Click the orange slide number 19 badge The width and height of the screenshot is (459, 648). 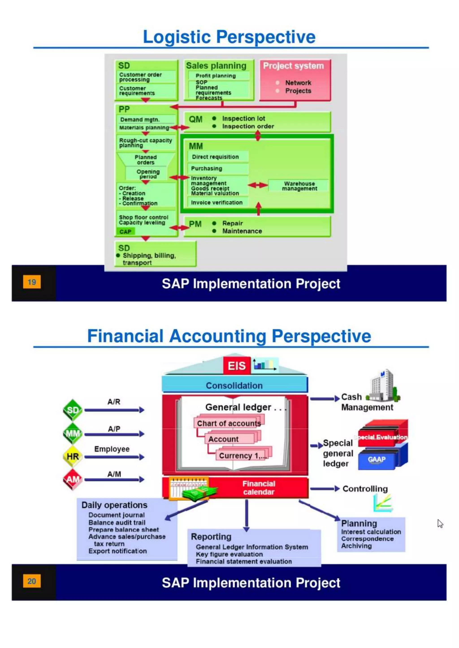[x=32, y=282]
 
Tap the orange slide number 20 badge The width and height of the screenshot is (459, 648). [x=32, y=581]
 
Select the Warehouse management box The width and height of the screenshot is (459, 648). [x=299, y=186]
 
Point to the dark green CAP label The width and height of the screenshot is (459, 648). [x=126, y=232]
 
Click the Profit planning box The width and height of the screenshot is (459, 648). [x=216, y=76]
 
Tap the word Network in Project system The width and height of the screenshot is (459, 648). [x=298, y=83]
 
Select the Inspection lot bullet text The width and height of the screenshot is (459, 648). [x=243, y=119]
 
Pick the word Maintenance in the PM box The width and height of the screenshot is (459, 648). [x=242, y=231]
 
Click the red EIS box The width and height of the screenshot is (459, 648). [x=237, y=366]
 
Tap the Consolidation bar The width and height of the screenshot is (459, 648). [x=234, y=386]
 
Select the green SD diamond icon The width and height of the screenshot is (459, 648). [x=73, y=410]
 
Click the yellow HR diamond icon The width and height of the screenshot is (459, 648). [x=73, y=456]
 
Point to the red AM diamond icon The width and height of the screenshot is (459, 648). [x=73, y=479]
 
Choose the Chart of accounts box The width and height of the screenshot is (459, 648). [x=229, y=423]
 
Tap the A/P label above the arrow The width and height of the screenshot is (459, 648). [x=114, y=429]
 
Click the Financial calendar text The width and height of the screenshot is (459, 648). [x=259, y=488]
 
